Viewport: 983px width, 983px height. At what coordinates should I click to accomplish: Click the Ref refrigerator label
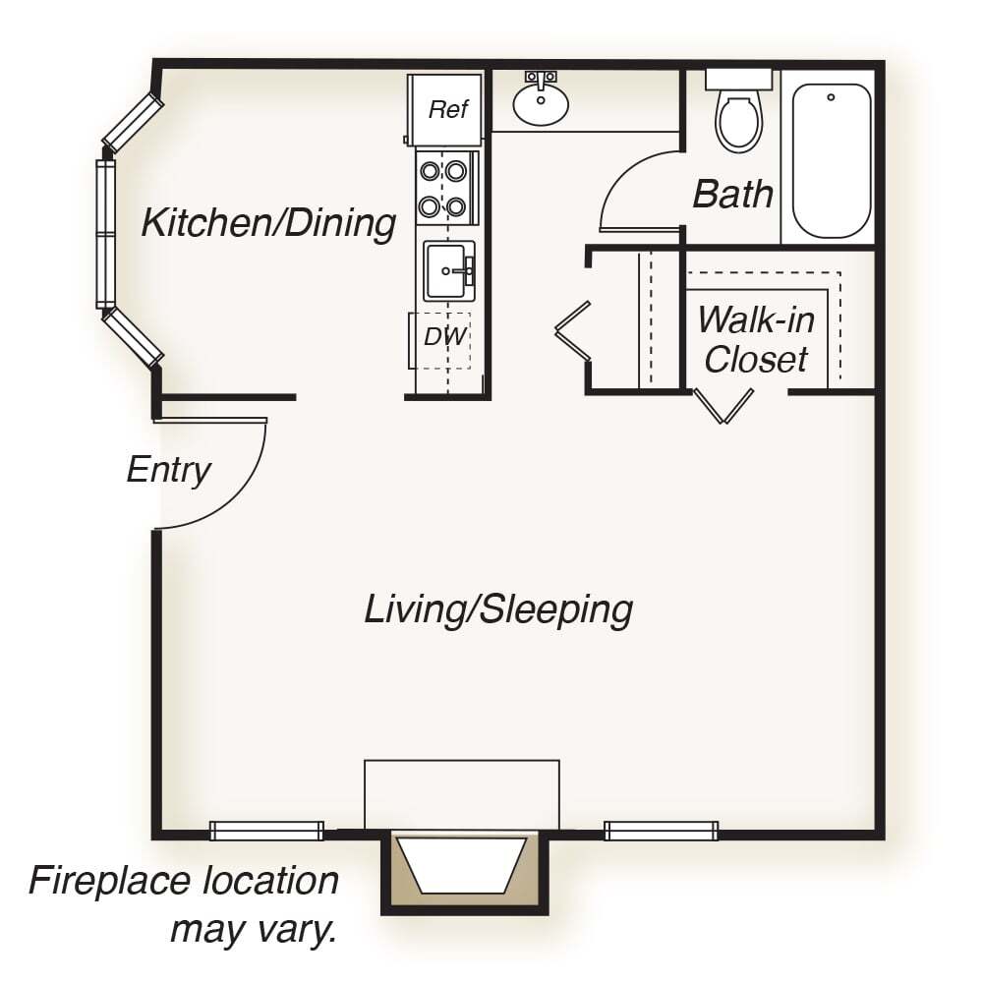(448, 109)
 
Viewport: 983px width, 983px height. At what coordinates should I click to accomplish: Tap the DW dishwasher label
(445, 336)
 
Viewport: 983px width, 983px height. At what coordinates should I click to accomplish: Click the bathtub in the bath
(832, 160)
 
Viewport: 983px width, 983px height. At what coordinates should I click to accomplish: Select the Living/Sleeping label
(498, 609)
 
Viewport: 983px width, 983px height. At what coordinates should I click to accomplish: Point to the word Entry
(169, 470)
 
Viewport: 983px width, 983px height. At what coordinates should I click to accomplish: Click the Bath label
(732, 194)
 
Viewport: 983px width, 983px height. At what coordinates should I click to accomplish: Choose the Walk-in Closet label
(757, 339)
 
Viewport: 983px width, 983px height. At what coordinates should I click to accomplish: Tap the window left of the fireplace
(266, 831)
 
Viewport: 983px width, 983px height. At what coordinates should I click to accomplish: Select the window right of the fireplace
(662, 831)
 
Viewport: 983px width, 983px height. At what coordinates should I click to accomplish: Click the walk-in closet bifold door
(723, 406)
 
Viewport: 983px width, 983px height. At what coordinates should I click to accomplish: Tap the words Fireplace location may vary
(184, 903)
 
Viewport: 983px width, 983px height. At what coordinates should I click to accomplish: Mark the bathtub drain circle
(831, 97)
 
